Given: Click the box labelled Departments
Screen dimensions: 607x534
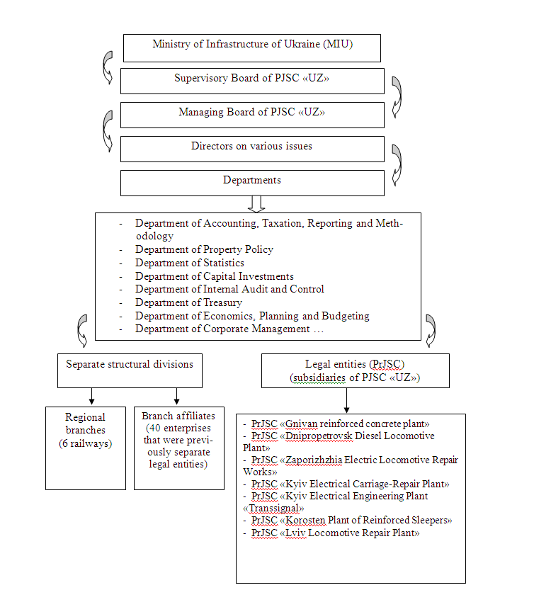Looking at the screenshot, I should (252, 182).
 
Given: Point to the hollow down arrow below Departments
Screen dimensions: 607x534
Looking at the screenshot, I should (256, 204).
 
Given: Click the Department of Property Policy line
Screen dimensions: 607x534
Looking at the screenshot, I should (204, 249).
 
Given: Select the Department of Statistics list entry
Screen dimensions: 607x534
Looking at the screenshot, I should (189, 263).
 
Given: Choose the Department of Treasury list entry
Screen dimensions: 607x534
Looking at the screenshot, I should (188, 302).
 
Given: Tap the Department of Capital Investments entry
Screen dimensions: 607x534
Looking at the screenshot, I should (214, 276).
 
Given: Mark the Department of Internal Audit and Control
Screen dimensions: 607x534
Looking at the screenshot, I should (229, 289).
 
